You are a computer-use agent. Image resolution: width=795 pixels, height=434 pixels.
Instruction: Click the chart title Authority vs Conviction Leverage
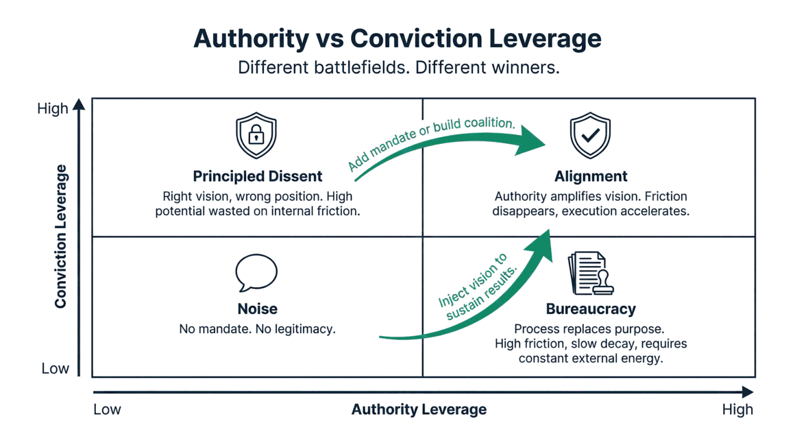[x=397, y=38]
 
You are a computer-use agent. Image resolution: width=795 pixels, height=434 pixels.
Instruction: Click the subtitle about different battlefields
[x=398, y=69]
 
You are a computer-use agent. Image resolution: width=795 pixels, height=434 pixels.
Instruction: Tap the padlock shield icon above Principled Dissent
[x=256, y=136]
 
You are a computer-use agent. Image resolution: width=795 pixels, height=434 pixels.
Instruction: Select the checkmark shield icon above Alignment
[x=590, y=136]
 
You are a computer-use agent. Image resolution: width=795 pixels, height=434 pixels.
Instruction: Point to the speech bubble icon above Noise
[x=256, y=273]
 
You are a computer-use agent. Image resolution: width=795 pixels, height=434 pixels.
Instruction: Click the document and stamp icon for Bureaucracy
[x=590, y=273]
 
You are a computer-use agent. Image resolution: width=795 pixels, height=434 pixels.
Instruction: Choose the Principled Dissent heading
[x=258, y=176]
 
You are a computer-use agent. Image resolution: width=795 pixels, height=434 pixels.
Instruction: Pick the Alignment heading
[x=591, y=176]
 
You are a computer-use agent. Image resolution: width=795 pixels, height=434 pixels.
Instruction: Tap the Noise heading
[x=258, y=309]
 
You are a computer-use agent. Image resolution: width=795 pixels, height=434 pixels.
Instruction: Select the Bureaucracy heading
[x=591, y=309]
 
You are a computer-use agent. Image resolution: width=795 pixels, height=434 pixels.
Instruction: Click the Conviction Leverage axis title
[x=61, y=237]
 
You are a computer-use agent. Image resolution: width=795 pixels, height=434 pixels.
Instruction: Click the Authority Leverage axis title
[x=419, y=409]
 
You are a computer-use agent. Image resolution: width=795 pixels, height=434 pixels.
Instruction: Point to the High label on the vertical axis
[x=53, y=108]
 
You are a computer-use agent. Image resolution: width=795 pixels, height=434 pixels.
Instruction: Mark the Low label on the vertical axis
[x=55, y=368]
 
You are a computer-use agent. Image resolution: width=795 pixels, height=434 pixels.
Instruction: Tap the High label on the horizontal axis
[x=737, y=409]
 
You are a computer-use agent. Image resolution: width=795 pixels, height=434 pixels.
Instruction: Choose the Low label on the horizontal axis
[x=107, y=409]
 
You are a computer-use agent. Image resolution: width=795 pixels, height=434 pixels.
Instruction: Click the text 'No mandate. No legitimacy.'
[x=257, y=329]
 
